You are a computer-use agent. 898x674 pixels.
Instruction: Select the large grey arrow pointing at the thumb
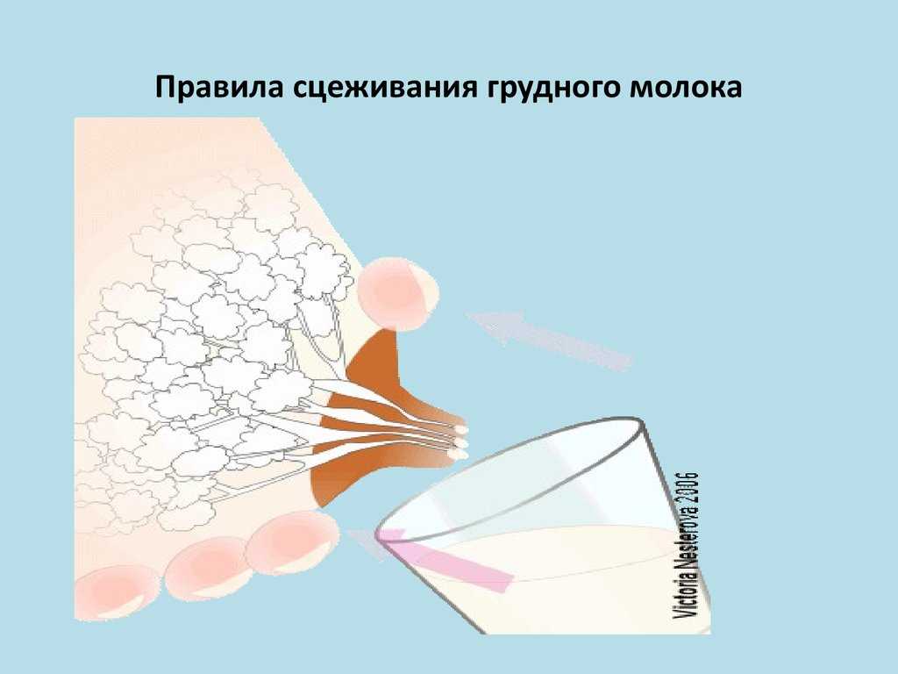(x=548, y=337)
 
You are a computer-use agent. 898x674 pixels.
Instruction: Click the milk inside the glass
(x=561, y=579)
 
